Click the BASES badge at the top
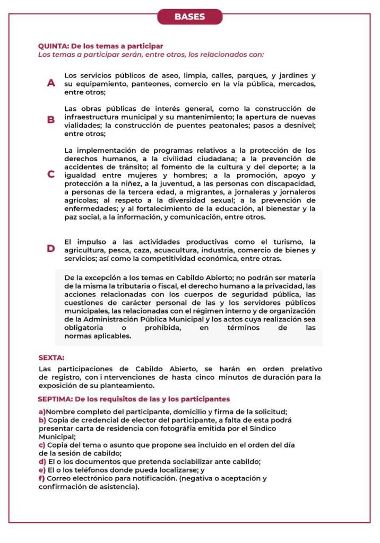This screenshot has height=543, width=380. (189, 16)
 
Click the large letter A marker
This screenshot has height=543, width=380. (51, 83)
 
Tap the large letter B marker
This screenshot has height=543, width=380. (51, 120)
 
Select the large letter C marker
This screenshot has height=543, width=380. (51, 174)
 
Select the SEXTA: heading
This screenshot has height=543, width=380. (51, 358)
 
